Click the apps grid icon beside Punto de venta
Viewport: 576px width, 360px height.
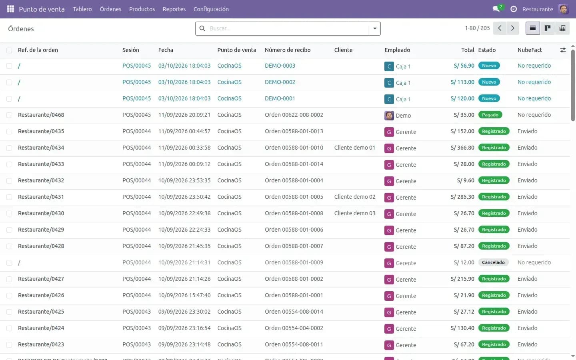point(10,9)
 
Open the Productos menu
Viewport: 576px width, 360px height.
point(142,9)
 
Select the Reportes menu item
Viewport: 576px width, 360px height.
point(174,9)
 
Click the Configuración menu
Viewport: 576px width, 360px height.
point(211,9)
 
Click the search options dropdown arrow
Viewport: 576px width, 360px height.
point(375,28)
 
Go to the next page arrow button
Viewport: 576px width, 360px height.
point(512,28)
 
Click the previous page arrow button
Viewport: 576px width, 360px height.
point(500,28)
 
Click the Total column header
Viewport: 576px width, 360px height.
point(468,50)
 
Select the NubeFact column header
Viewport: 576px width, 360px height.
point(530,50)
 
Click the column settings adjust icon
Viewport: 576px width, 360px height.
point(563,50)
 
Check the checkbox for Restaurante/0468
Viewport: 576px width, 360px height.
point(9,115)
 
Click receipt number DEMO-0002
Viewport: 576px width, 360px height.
point(280,82)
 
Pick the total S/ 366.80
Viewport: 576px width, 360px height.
point(462,148)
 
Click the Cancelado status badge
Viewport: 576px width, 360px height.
point(493,262)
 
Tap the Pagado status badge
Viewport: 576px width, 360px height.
point(490,115)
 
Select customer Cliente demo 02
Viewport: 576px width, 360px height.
point(354,197)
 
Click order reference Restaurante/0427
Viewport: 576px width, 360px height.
point(41,279)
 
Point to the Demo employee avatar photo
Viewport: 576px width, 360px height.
point(389,116)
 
